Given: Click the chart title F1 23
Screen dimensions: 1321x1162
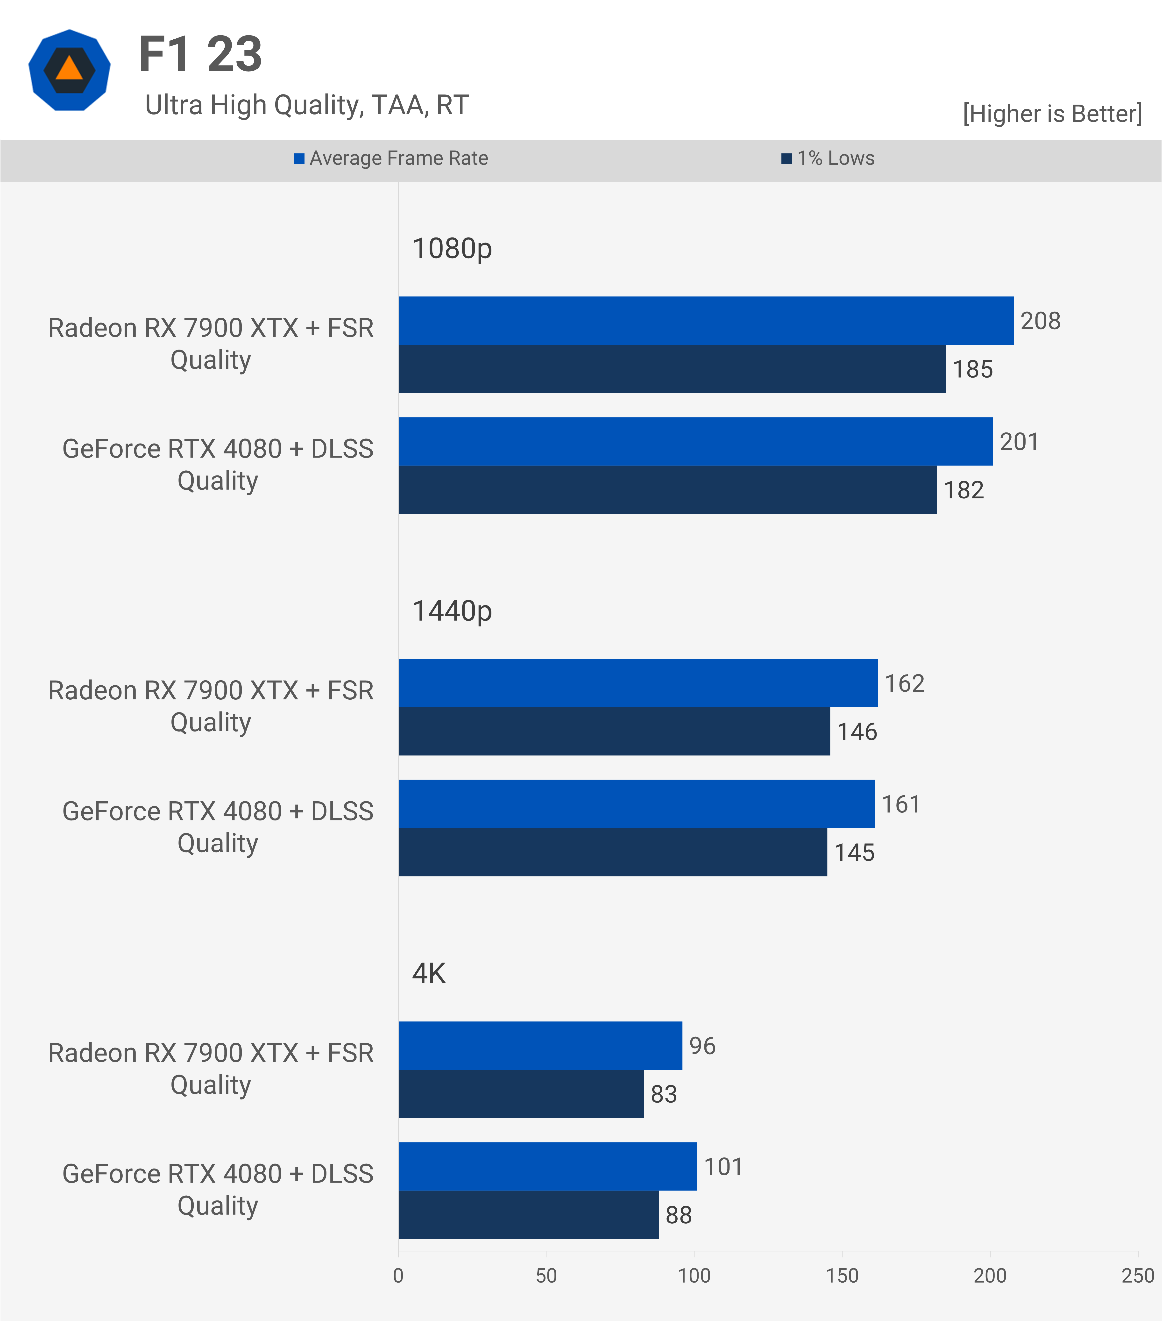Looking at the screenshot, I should pyautogui.click(x=200, y=54).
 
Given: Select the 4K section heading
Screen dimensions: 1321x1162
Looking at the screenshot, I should pyautogui.click(x=429, y=973).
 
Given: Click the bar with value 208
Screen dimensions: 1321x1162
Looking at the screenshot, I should pyautogui.click(x=705, y=321).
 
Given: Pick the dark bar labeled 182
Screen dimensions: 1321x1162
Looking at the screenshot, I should pyautogui.click(x=667, y=490).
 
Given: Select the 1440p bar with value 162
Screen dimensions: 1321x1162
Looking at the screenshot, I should pyautogui.click(x=638, y=683).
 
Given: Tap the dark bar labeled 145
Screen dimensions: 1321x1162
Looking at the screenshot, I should pyautogui.click(x=612, y=853).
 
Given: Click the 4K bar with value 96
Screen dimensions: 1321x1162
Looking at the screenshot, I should pyautogui.click(x=540, y=1046).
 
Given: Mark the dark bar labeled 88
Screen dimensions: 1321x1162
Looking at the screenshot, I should pyautogui.click(x=528, y=1215).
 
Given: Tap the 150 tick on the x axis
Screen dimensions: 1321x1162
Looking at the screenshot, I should pyautogui.click(x=842, y=1276).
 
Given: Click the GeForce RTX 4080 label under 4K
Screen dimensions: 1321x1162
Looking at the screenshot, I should pyautogui.click(x=218, y=1189).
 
